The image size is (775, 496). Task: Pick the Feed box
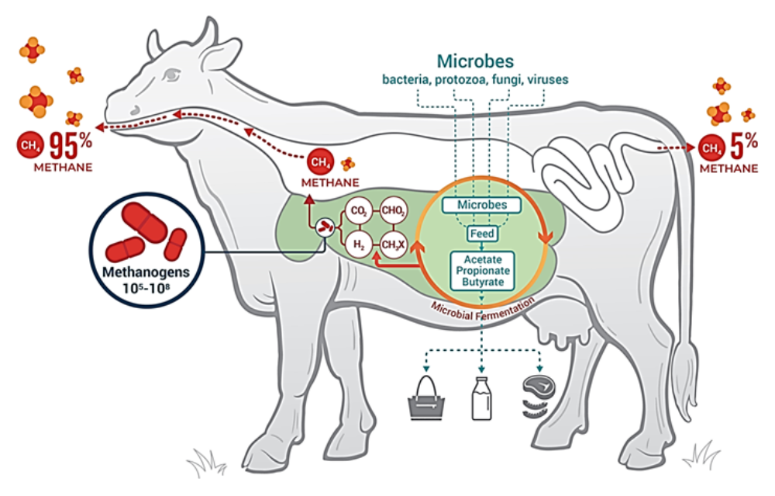pos(480,232)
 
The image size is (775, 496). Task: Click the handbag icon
pos(426,397)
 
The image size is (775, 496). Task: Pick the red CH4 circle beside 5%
pos(709,147)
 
